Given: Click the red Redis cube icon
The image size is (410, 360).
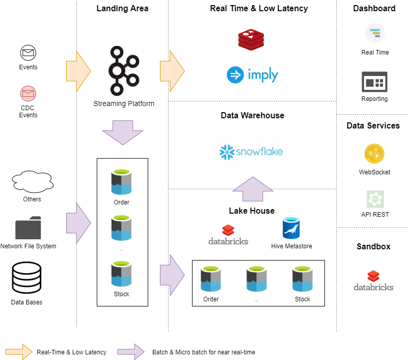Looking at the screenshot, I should [251, 40].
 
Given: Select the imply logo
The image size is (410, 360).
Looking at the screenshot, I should [253, 75].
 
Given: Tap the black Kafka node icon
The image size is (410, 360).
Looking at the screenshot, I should [124, 71].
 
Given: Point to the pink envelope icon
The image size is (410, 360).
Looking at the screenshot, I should [28, 94].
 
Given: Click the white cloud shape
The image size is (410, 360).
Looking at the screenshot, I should [33, 182].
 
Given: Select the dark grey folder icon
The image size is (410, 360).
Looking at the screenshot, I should [28, 228].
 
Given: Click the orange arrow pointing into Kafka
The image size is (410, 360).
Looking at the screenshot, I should [78, 71].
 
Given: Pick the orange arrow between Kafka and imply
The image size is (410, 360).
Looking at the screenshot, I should [172, 71].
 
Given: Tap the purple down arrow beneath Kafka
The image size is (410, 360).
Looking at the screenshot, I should [123, 132].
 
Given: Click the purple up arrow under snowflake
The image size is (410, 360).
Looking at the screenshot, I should [253, 189].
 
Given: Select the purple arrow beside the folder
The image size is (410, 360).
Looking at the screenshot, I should [78, 223].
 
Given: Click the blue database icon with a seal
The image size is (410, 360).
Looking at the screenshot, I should [291, 228].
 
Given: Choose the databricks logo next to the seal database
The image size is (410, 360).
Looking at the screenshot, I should [228, 235].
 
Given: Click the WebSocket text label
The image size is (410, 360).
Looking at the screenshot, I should [374, 172].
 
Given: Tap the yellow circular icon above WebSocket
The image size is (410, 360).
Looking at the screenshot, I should [374, 153].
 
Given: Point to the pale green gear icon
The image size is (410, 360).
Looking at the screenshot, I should [375, 199].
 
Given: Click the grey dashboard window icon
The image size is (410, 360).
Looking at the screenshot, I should [374, 82].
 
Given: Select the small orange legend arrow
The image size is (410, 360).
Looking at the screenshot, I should [18, 351].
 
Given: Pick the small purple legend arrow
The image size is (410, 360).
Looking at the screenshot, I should [131, 351].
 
